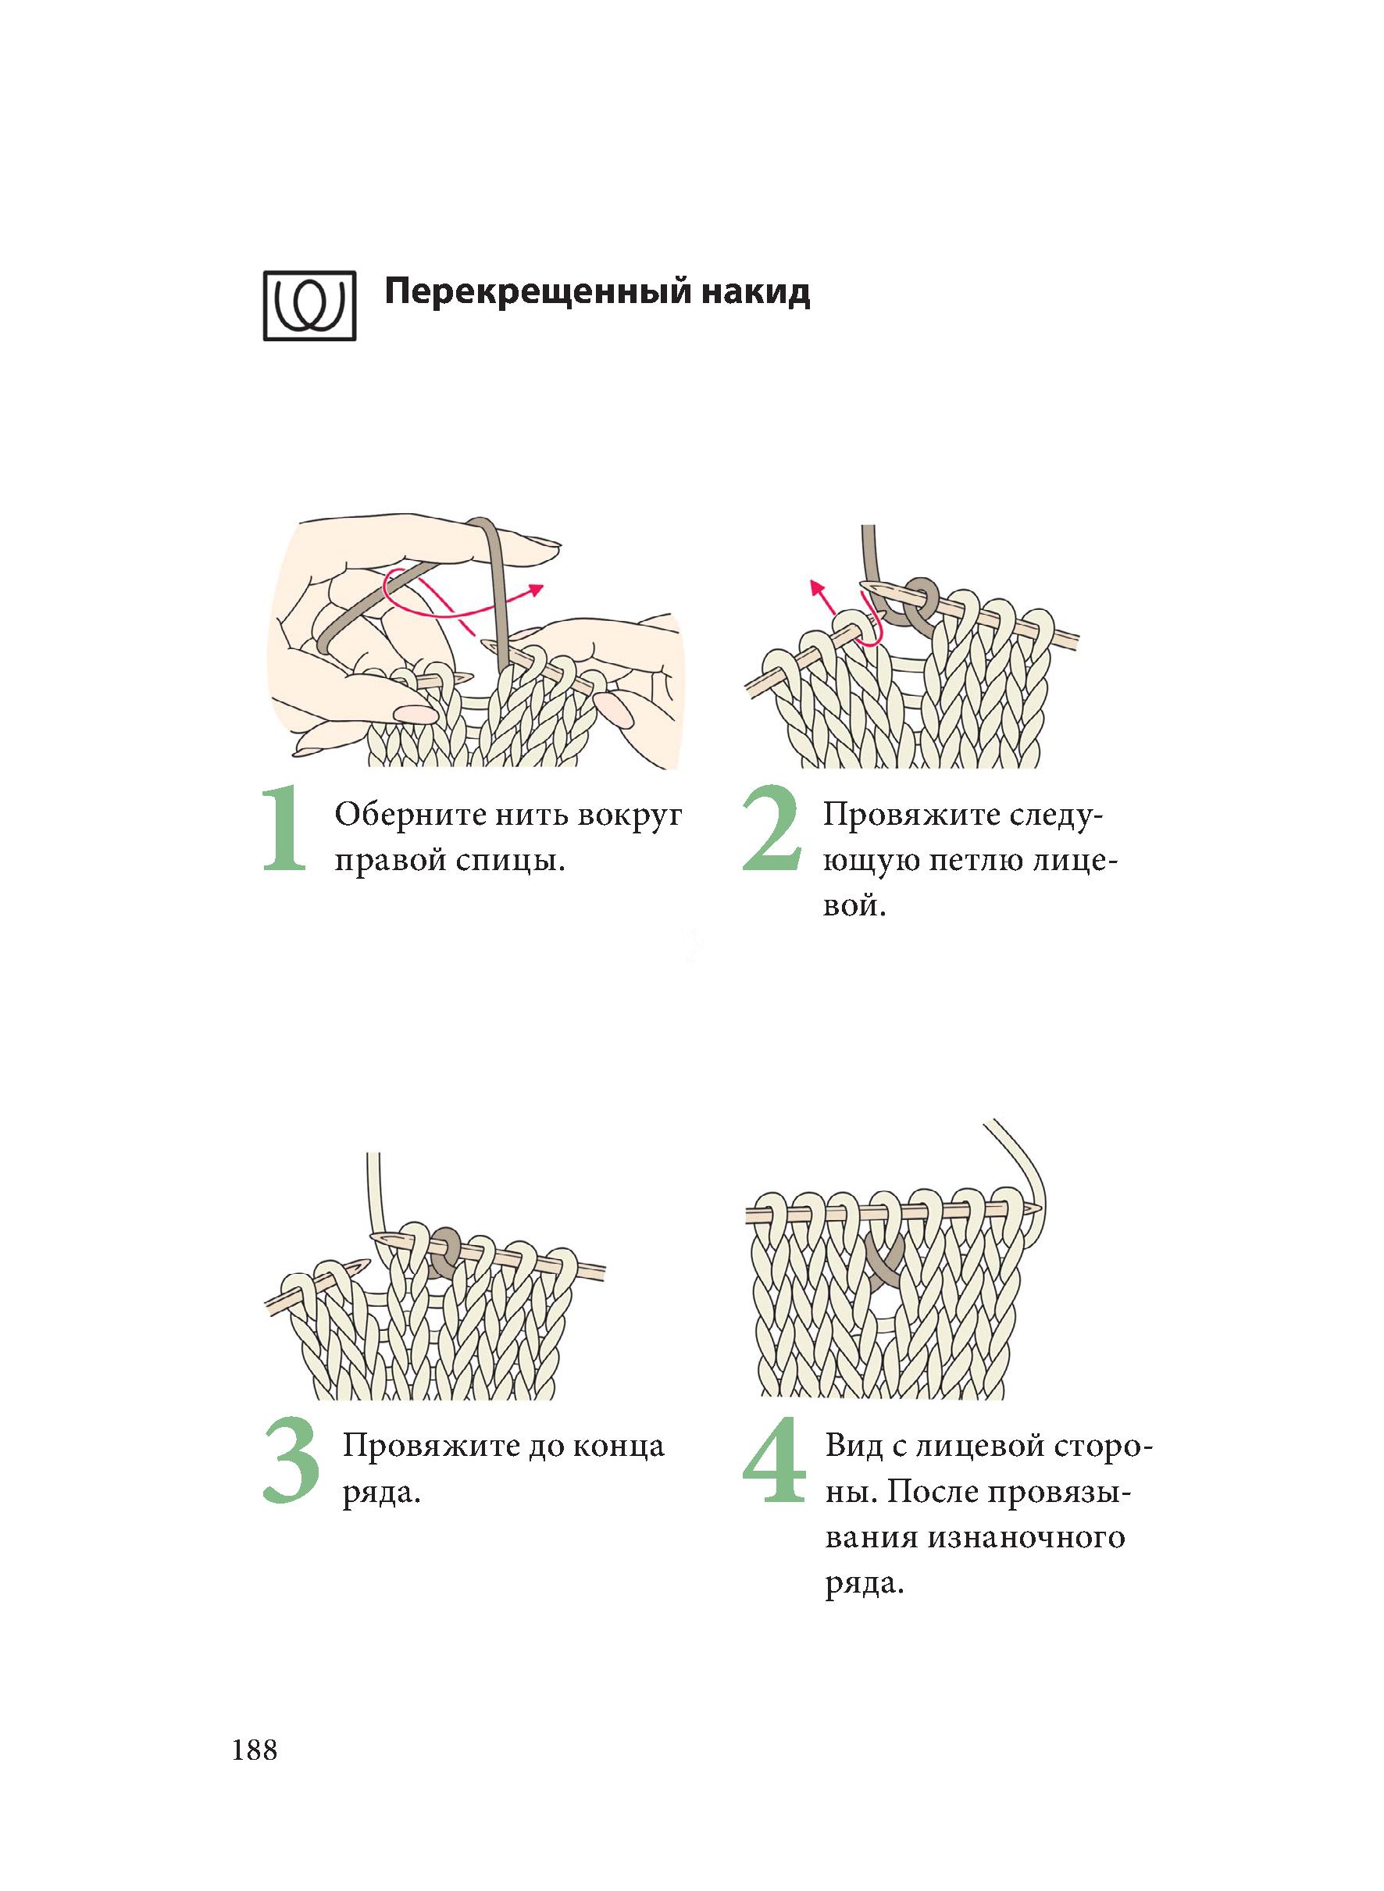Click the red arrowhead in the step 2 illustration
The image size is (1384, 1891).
point(815,586)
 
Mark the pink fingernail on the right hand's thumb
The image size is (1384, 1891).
point(619,710)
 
